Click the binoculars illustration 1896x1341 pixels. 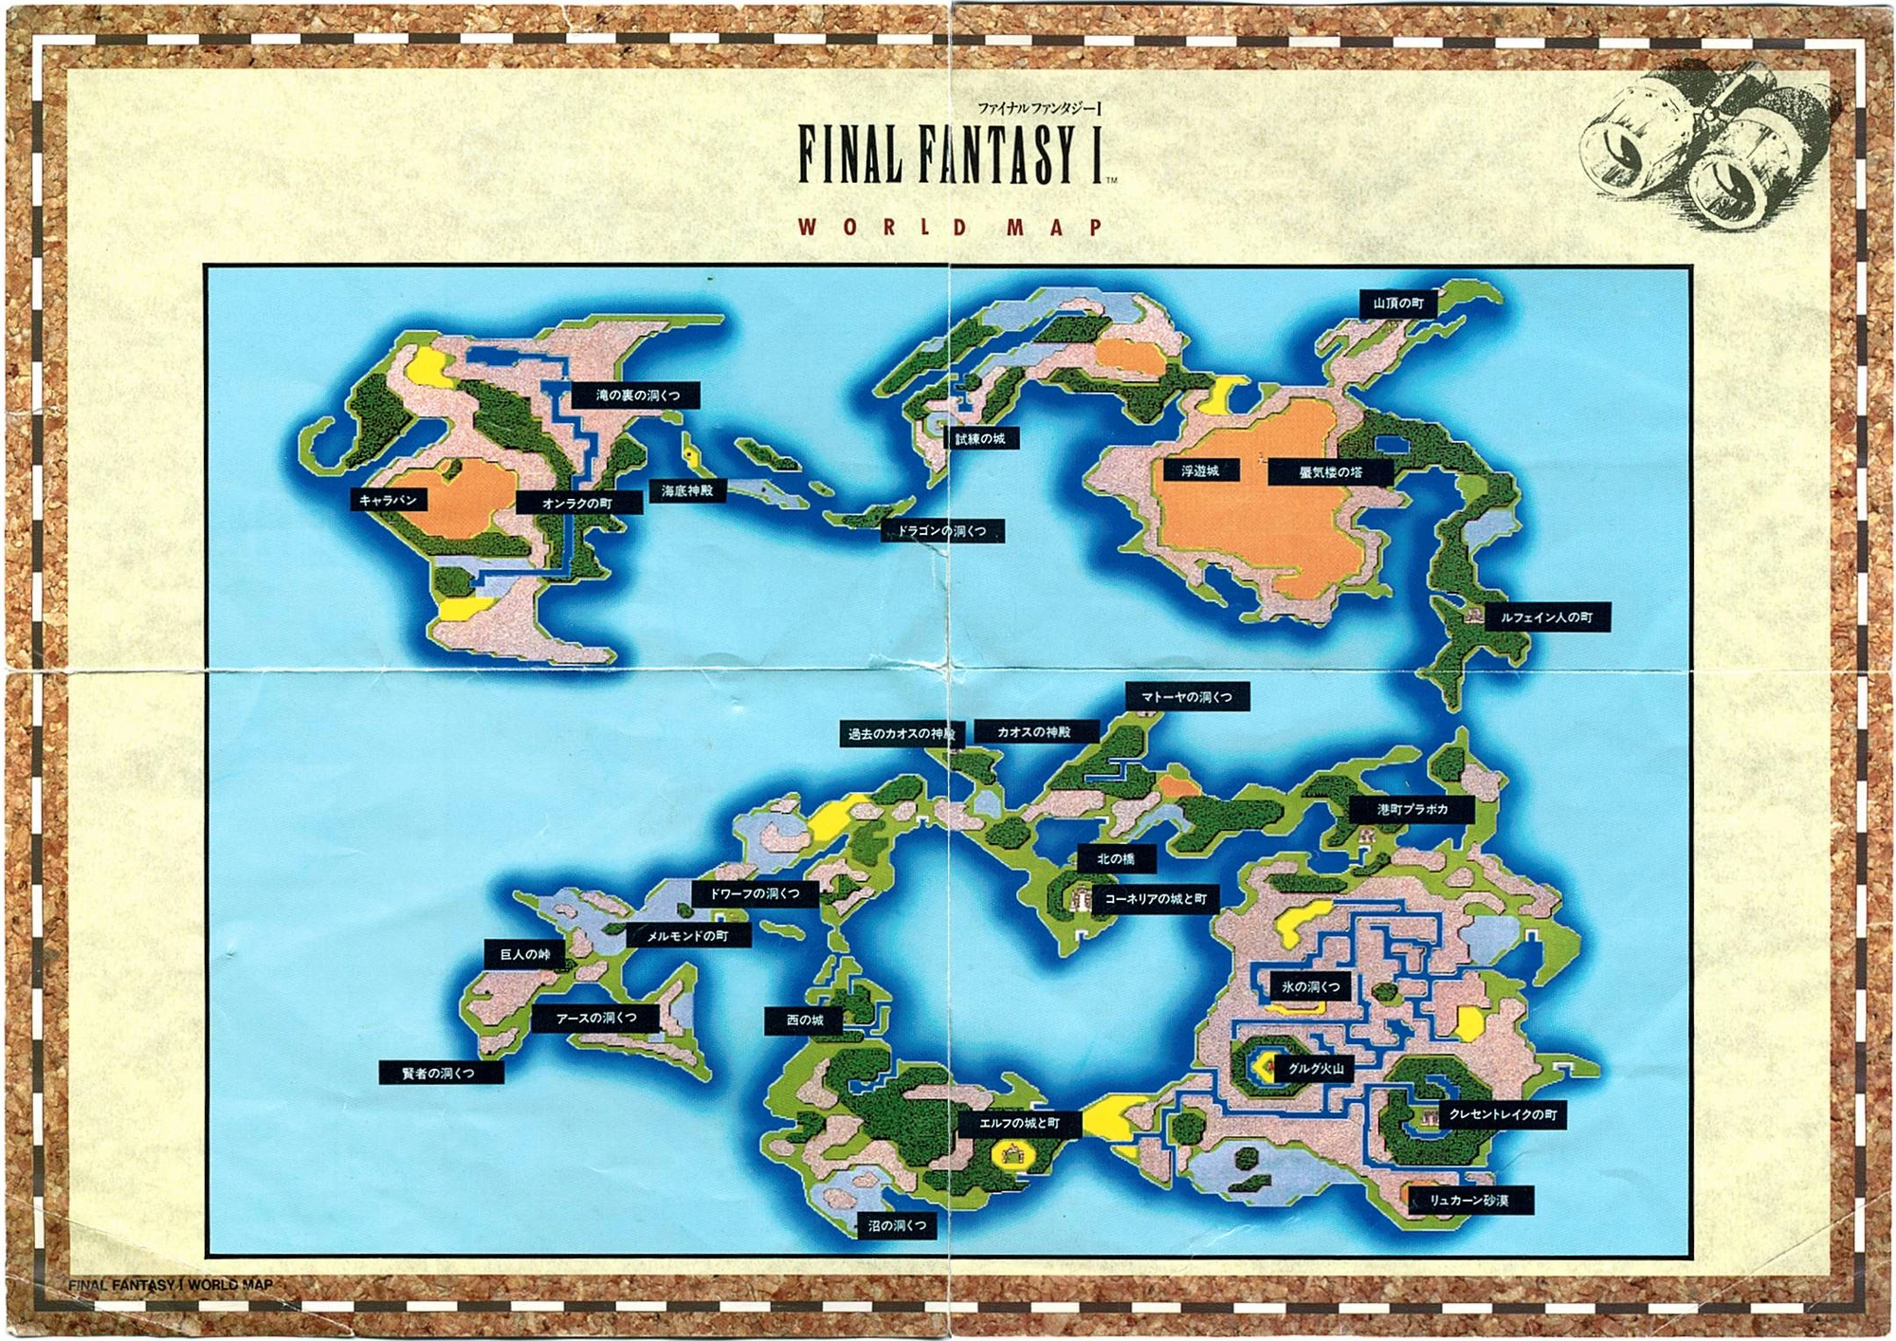point(1706,147)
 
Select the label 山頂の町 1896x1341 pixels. point(1398,303)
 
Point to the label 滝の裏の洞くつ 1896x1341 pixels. point(636,395)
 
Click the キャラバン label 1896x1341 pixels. point(389,500)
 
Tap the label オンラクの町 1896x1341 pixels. point(577,504)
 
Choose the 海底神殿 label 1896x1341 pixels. point(687,491)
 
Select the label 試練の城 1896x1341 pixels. point(980,439)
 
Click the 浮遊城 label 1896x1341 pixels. point(1200,471)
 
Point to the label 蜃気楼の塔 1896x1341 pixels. point(1330,472)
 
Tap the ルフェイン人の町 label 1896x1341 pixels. point(1546,617)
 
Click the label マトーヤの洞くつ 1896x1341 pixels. point(1187,697)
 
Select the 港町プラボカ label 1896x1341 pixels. point(1412,810)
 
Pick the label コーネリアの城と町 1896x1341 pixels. point(1156,899)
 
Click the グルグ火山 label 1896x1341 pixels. point(1315,1069)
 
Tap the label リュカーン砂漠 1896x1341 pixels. point(1468,1201)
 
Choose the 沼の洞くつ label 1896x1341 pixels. point(897,1226)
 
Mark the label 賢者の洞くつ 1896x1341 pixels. point(440,1074)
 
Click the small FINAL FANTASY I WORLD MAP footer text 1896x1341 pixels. point(171,1285)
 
